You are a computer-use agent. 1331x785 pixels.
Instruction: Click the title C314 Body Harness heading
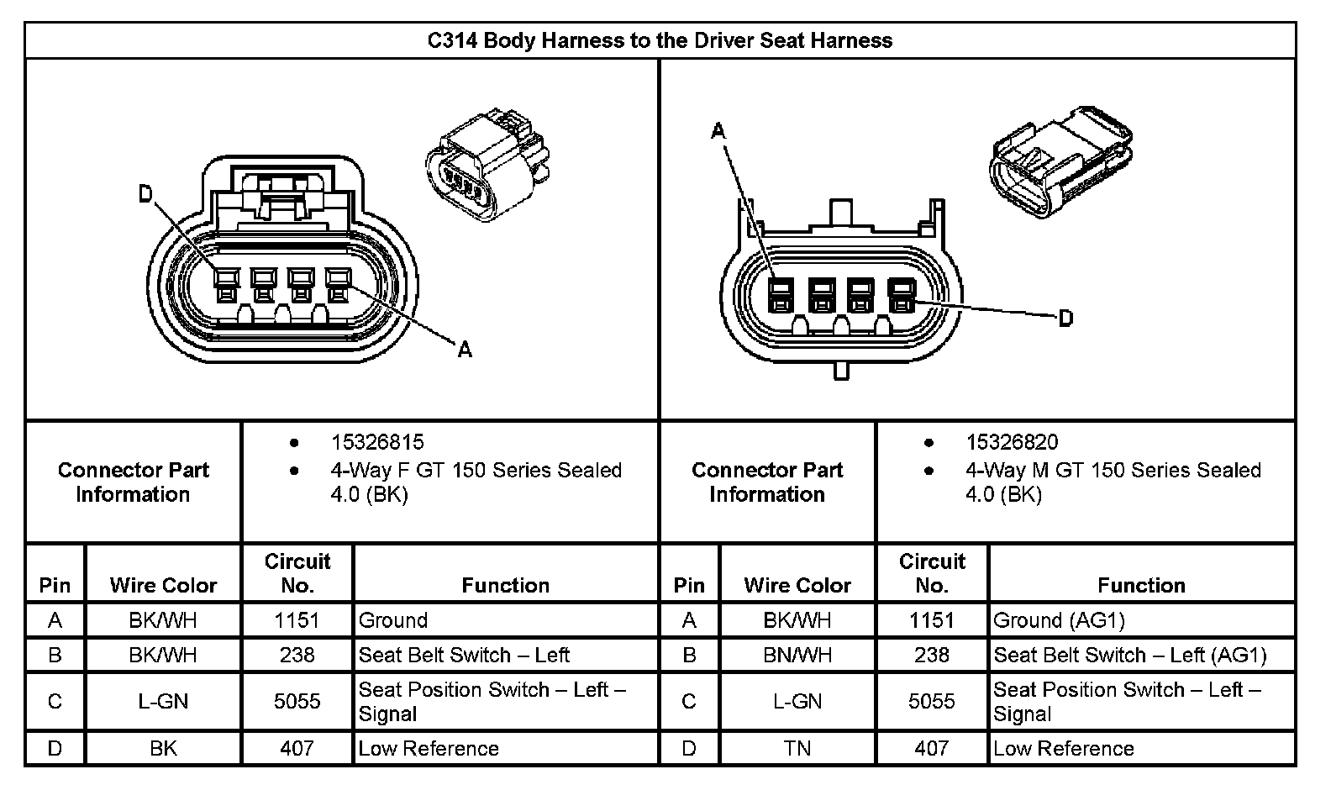click(x=660, y=40)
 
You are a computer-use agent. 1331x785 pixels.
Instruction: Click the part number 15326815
click(x=376, y=442)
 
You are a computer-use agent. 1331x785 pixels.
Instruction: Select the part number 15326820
click(x=1012, y=442)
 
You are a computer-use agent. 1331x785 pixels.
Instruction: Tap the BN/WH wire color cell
click(x=797, y=655)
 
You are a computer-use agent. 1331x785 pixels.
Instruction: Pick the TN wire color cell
click(x=797, y=748)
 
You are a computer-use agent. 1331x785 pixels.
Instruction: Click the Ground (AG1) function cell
click(x=1059, y=620)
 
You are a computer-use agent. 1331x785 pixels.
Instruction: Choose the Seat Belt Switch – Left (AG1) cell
click(x=1129, y=655)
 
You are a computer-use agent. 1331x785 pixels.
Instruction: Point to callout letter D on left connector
click(x=145, y=195)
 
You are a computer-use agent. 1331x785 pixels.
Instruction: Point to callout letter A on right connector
click(x=718, y=130)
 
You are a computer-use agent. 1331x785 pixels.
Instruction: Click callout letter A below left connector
click(x=464, y=349)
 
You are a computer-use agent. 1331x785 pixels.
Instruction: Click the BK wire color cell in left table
click(x=163, y=748)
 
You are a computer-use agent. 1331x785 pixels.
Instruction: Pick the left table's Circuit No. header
click(x=297, y=573)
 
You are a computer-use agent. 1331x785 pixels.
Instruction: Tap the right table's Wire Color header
click(x=797, y=585)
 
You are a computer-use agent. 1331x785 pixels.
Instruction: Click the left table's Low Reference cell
click(x=429, y=748)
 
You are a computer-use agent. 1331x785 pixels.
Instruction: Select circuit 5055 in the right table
click(x=931, y=701)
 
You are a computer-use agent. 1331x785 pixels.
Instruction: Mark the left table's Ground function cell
click(x=393, y=620)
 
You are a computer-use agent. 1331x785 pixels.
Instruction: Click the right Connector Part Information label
click(x=767, y=482)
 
